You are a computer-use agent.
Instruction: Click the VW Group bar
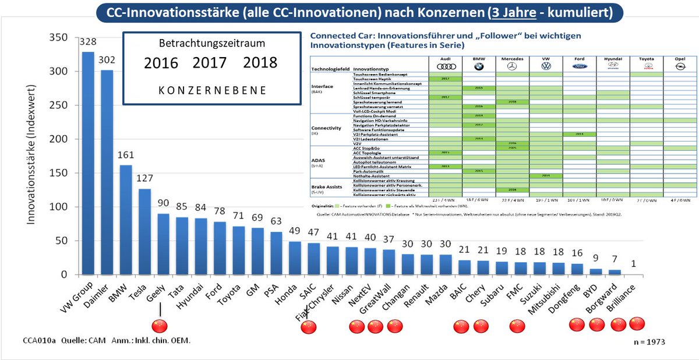pos(87,163)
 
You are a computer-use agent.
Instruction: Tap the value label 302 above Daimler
pos(107,60)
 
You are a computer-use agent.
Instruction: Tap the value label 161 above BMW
pos(125,156)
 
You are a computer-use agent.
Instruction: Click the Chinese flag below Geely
pos(159,326)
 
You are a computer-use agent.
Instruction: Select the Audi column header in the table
pos(445,59)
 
